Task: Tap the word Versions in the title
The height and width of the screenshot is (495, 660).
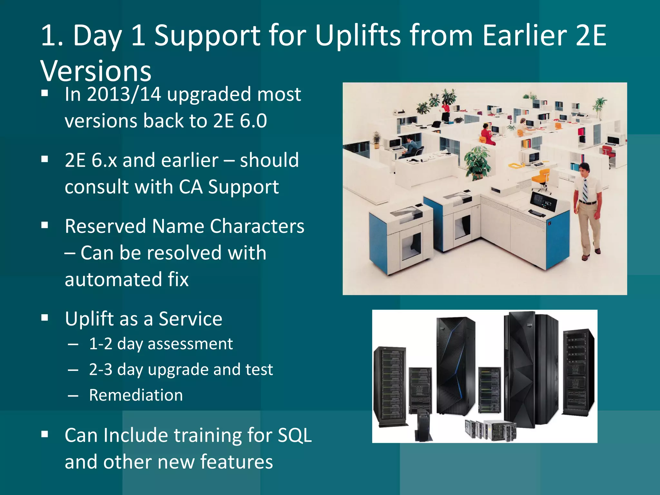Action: point(96,71)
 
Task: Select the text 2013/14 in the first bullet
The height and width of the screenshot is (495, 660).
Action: point(124,94)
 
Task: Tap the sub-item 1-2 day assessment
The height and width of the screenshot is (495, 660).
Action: point(160,344)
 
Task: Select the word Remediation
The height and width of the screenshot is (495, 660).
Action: point(136,395)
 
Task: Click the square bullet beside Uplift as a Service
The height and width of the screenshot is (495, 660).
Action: point(45,318)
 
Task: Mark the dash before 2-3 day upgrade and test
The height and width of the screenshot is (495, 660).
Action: point(73,370)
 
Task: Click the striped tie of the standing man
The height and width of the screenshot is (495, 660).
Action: point(585,190)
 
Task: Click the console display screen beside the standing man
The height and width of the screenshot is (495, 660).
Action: point(544,202)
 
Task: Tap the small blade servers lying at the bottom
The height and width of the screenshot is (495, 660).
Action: point(490,430)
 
